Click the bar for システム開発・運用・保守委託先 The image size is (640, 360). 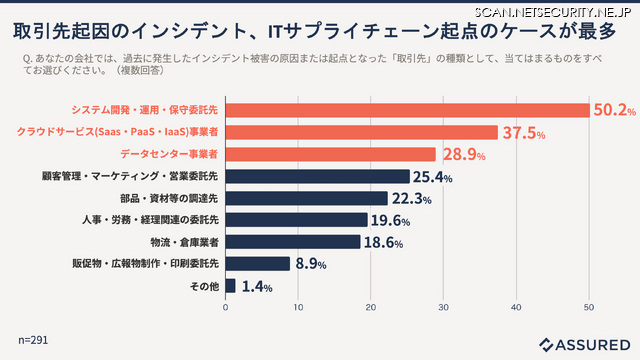point(407,110)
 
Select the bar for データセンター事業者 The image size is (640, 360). point(331,154)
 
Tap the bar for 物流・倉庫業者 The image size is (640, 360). point(293,242)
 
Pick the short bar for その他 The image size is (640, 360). point(231,286)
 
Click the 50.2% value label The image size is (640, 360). point(615,110)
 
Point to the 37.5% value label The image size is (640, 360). point(523,133)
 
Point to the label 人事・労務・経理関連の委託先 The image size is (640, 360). point(150,220)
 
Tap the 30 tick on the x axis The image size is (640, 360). point(444,307)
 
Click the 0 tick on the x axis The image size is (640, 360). point(226,307)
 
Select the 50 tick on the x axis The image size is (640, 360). point(589,307)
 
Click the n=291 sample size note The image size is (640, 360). point(32,340)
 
